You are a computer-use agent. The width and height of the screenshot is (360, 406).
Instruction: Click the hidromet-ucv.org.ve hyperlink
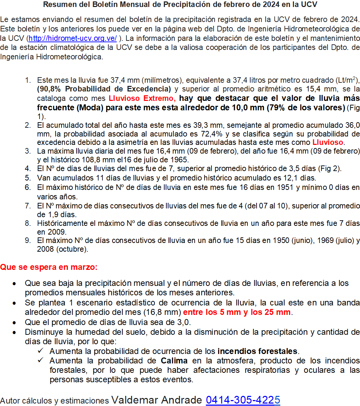pyautogui.click(x=72, y=38)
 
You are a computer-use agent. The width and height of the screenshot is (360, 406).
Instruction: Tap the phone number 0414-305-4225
pyautogui.click(x=243, y=400)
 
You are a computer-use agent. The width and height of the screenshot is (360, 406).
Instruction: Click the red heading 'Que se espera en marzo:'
pyautogui.click(x=49, y=267)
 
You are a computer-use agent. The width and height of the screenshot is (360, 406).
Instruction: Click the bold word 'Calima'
pyautogui.click(x=174, y=361)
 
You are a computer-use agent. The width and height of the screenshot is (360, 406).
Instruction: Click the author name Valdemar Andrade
pyautogui.click(x=157, y=400)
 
